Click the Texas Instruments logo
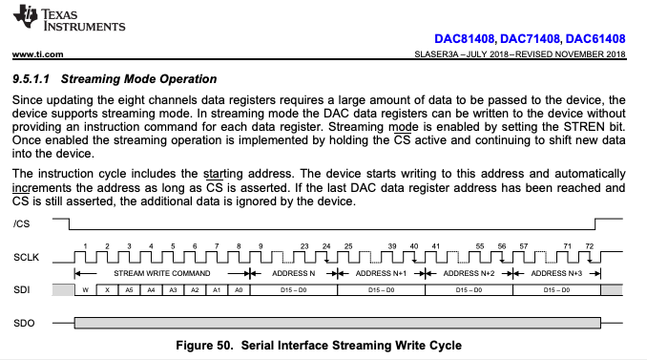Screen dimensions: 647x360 point(69,18)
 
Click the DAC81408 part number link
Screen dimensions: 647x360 point(464,39)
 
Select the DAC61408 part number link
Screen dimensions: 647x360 point(595,39)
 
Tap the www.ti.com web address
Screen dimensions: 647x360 point(37,54)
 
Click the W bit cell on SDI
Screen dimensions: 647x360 point(86,290)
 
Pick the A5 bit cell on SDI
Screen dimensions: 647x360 point(129,290)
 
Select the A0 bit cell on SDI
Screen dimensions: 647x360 point(239,290)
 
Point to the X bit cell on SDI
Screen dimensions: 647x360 point(107,290)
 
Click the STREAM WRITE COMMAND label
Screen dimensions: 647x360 point(162,273)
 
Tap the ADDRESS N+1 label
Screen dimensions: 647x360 point(381,273)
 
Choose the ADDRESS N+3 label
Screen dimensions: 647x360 point(556,273)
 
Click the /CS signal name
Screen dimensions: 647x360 point(21,223)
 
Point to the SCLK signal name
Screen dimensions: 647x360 point(26,257)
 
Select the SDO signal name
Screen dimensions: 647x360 point(24,323)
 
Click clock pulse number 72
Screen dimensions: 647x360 point(589,246)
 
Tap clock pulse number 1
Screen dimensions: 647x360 point(85,246)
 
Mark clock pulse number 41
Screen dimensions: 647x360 point(436,246)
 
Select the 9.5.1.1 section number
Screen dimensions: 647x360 point(31,79)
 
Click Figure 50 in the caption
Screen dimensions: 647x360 point(204,345)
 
